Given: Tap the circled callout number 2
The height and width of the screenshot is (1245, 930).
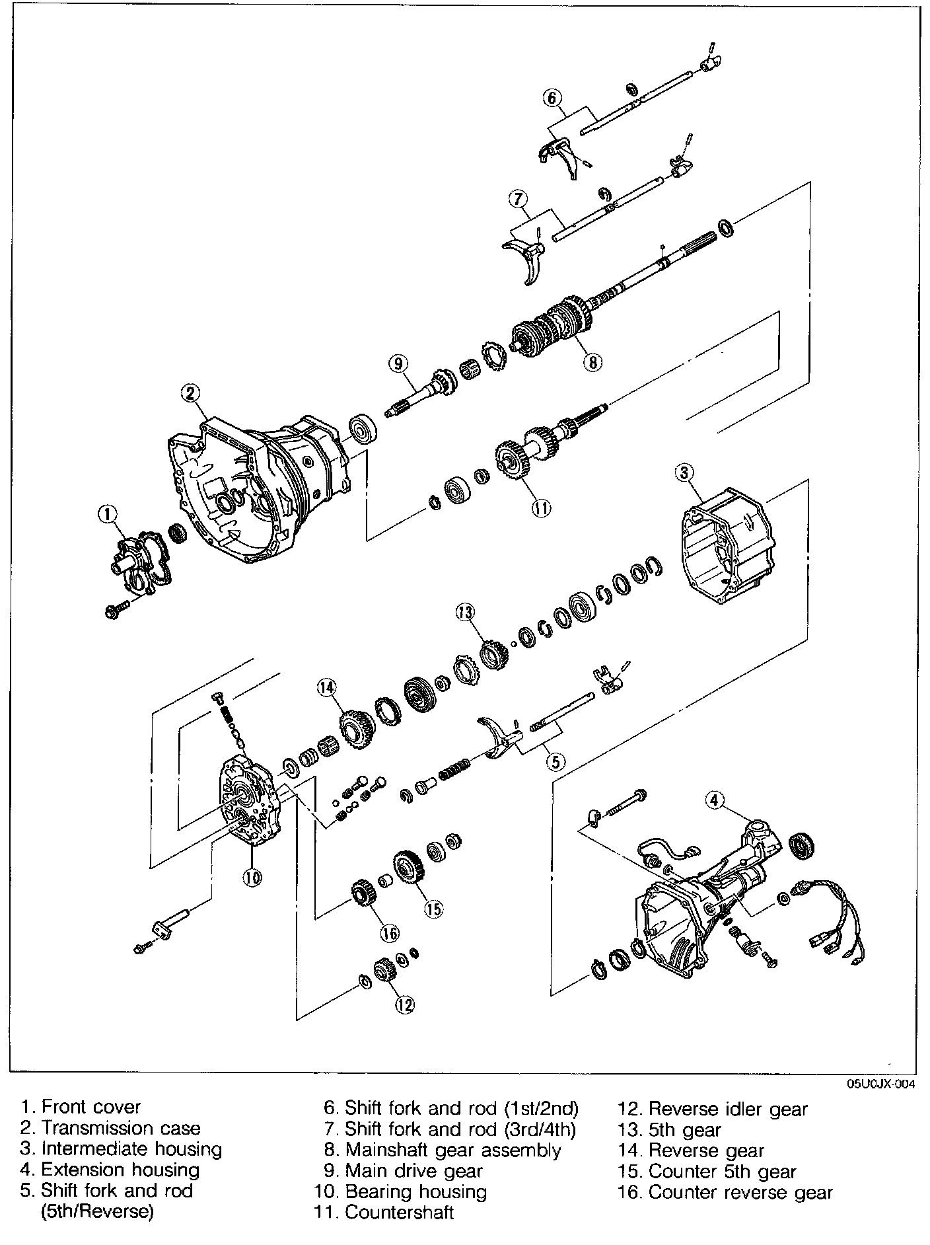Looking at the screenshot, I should point(190,393).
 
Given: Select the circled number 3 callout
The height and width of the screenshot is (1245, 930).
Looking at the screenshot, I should point(684,472).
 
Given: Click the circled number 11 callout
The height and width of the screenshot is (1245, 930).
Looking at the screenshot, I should point(541,508).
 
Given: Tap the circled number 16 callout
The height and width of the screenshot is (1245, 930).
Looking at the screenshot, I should point(390,932).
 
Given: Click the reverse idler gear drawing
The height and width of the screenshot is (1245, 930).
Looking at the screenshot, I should point(384,973).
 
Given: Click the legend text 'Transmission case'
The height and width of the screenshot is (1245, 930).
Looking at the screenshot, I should point(121,1128).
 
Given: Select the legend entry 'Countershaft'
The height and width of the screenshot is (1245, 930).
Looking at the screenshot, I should point(399,1213).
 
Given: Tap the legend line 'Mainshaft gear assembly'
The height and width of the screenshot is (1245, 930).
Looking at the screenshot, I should point(452,1150).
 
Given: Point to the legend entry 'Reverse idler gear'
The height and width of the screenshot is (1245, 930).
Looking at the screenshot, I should point(728,1109).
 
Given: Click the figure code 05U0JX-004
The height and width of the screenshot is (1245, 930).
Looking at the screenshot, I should point(882,1084).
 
